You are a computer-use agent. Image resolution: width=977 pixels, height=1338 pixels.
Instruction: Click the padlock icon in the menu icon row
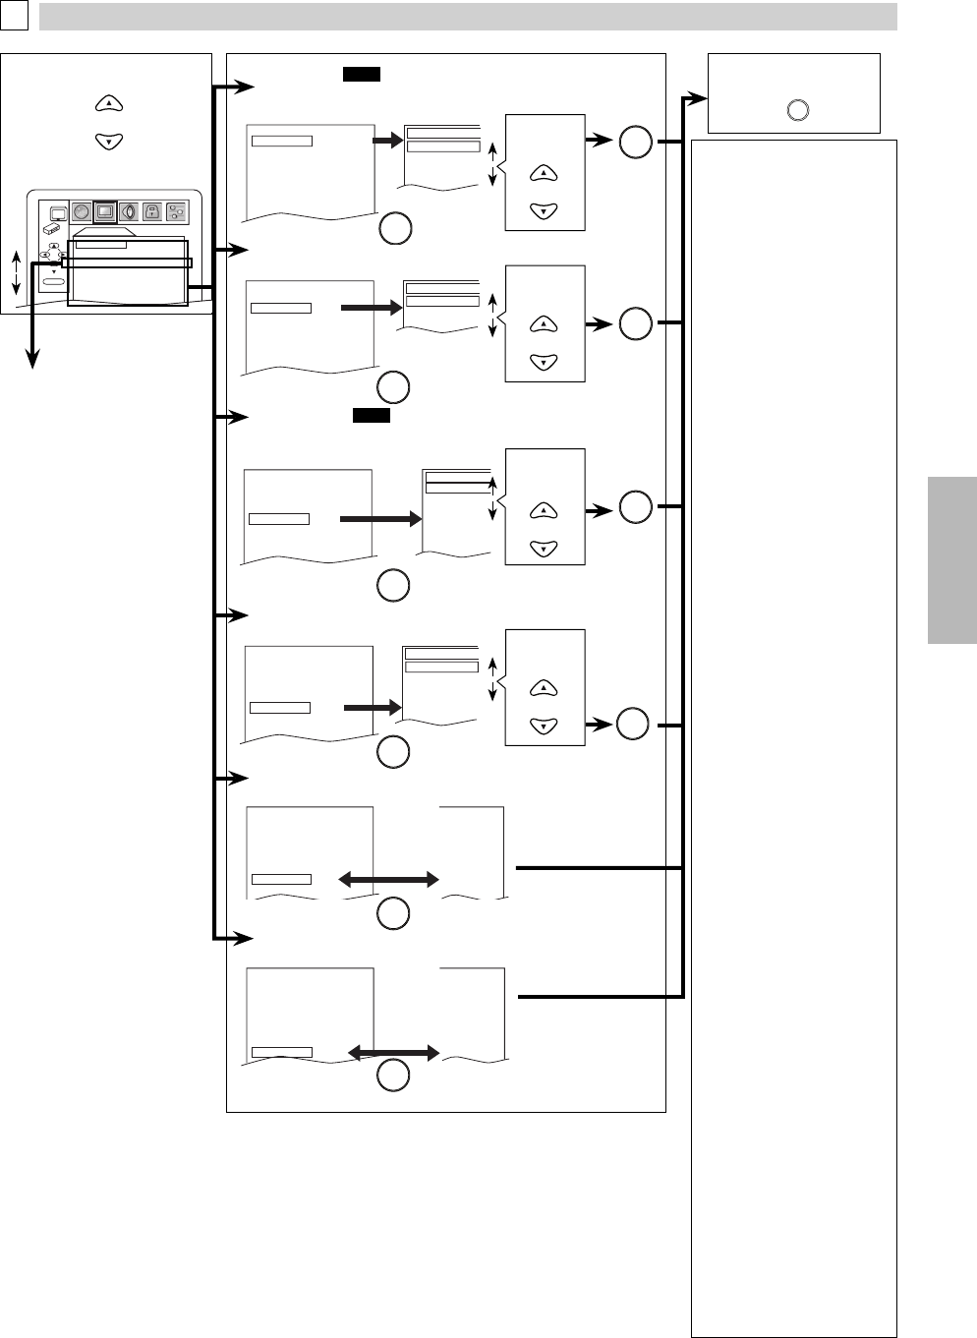click(x=151, y=211)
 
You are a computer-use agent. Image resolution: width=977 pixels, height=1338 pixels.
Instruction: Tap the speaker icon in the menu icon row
click(x=129, y=211)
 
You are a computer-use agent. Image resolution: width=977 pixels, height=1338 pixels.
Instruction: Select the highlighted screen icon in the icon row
click(x=105, y=211)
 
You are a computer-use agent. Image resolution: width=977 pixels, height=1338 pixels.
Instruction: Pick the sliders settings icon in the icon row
click(x=176, y=211)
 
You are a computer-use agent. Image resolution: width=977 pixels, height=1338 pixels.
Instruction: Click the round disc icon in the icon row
click(x=82, y=211)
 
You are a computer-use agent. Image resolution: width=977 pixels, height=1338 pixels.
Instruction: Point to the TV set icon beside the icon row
click(x=57, y=212)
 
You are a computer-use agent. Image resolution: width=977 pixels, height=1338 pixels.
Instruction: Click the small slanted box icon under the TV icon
click(x=53, y=230)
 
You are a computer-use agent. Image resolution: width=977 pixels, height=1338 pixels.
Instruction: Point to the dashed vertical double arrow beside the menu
click(x=16, y=272)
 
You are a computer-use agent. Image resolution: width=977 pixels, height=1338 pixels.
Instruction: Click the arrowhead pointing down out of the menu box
click(x=33, y=360)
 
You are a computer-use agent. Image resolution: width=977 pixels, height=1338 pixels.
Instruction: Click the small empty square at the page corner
click(x=14, y=16)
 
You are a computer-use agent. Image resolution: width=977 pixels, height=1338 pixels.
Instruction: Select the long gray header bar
click(x=468, y=17)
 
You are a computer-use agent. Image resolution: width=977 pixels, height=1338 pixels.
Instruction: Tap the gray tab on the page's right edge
click(x=951, y=560)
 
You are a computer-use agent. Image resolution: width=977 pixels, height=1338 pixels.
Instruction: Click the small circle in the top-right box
click(x=798, y=110)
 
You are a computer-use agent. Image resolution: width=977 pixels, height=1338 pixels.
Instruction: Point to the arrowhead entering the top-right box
click(x=698, y=98)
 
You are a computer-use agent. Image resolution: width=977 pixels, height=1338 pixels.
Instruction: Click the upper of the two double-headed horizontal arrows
click(x=388, y=880)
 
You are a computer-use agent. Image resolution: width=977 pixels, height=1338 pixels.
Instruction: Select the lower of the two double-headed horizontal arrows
click(x=393, y=1053)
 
